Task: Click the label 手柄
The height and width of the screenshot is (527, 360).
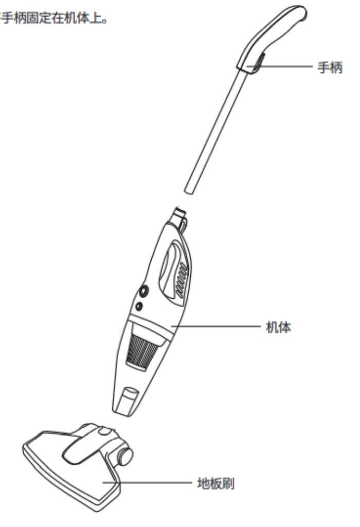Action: click(x=330, y=68)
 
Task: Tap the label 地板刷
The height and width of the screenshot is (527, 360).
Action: click(x=216, y=484)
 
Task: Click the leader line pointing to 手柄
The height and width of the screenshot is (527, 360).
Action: click(x=288, y=67)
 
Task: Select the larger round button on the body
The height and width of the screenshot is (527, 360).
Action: click(x=141, y=292)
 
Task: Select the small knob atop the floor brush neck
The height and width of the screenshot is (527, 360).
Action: click(x=103, y=430)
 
